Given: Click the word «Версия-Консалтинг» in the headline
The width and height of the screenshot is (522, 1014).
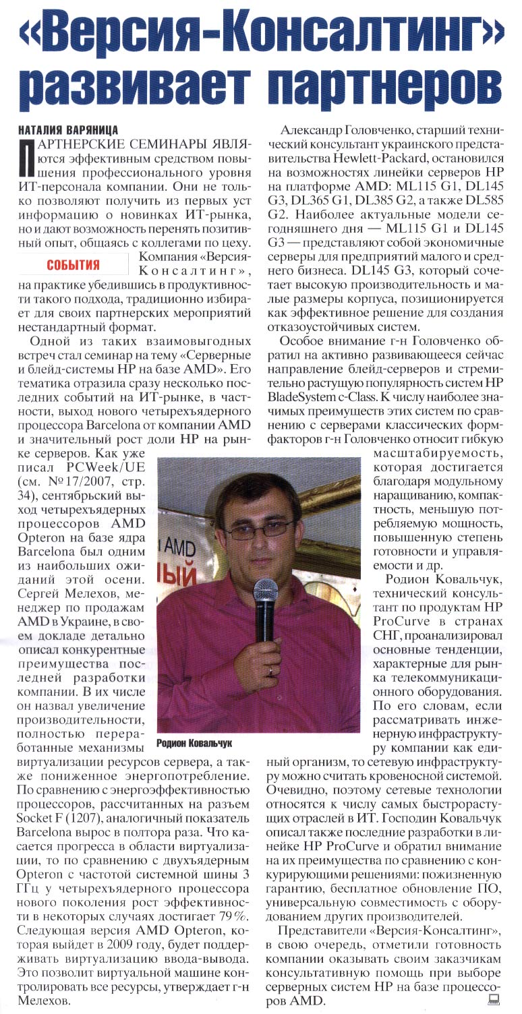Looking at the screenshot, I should (x=260, y=32).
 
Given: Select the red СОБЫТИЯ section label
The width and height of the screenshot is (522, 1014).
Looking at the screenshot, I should (x=74, y=264).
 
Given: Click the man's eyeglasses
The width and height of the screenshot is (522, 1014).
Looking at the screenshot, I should (x=258, y=527).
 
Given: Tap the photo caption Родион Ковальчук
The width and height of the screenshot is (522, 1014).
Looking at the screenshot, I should (x=194, y=742).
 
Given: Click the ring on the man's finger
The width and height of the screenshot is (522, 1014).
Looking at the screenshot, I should (x=271, y=672).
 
